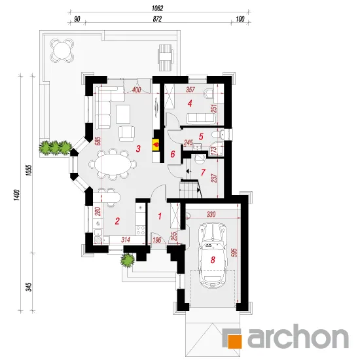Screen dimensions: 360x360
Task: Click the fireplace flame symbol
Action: coord(156,145)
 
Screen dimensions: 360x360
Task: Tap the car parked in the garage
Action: coord(213,255)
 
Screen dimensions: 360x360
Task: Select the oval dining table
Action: coord(113,164)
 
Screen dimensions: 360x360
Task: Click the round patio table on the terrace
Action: coord(62,50)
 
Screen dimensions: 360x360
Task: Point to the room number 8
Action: coord(213,260)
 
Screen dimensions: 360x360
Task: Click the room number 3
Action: coord(138,149)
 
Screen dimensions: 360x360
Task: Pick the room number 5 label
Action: coord(201,137)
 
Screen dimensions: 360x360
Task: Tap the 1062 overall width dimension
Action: coord(158,9)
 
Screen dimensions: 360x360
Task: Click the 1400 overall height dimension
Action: coord(16,195)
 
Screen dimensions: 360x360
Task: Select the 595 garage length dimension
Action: coord(235,252)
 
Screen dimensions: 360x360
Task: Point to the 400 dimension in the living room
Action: coord(136,90)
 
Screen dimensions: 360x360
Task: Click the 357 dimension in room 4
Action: coord(190,90)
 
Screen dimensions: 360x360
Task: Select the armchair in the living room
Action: coord(126,134)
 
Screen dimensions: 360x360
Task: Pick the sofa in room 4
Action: coord(201,118)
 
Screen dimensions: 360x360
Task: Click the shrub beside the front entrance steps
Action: coord(128,260)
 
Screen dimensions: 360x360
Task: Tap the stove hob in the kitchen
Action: coord(141,230)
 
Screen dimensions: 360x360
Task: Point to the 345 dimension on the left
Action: coord(29,287)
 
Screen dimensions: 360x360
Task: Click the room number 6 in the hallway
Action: coord(173,154)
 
